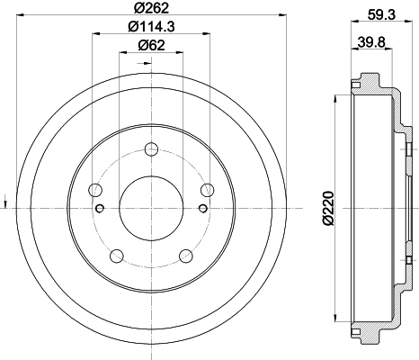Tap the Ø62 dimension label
point(151,47)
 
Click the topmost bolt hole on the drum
point(151,149)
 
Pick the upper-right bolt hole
point(208,189)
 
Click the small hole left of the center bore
point(101,210)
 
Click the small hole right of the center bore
point(202,210)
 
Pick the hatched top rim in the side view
point(369,83)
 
